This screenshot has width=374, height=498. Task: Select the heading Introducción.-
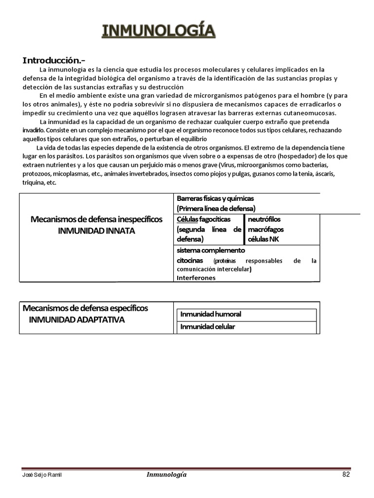click(x=54, y=60)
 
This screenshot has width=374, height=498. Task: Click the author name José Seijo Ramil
click(x=42, y=475)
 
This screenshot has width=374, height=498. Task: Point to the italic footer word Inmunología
click(x=166, y=475)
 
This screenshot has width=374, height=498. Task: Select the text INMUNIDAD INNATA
click(x=96, y=231)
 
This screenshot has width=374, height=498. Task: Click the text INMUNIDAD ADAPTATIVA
click(x=77, y=320)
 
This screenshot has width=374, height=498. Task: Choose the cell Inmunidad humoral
click(x=211, y=314)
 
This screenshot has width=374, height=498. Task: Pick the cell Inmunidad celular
click(x=207, y=327)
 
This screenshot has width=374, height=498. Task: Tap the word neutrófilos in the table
click(x=264, y=219)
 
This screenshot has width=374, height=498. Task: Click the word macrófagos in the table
click(x=266, y=229)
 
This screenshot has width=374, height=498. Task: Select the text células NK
click(x=263, y=239)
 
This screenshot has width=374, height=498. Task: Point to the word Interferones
click(x=196, y=278)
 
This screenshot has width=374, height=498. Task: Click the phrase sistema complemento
click(x=211, y=250)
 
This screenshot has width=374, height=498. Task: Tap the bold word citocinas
click(x=190, y=260)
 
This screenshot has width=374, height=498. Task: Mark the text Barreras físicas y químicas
click(x=215, y=198)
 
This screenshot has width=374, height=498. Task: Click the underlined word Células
click(x=187, y=219)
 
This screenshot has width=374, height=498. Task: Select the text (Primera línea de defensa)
click(x=216, y=208)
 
